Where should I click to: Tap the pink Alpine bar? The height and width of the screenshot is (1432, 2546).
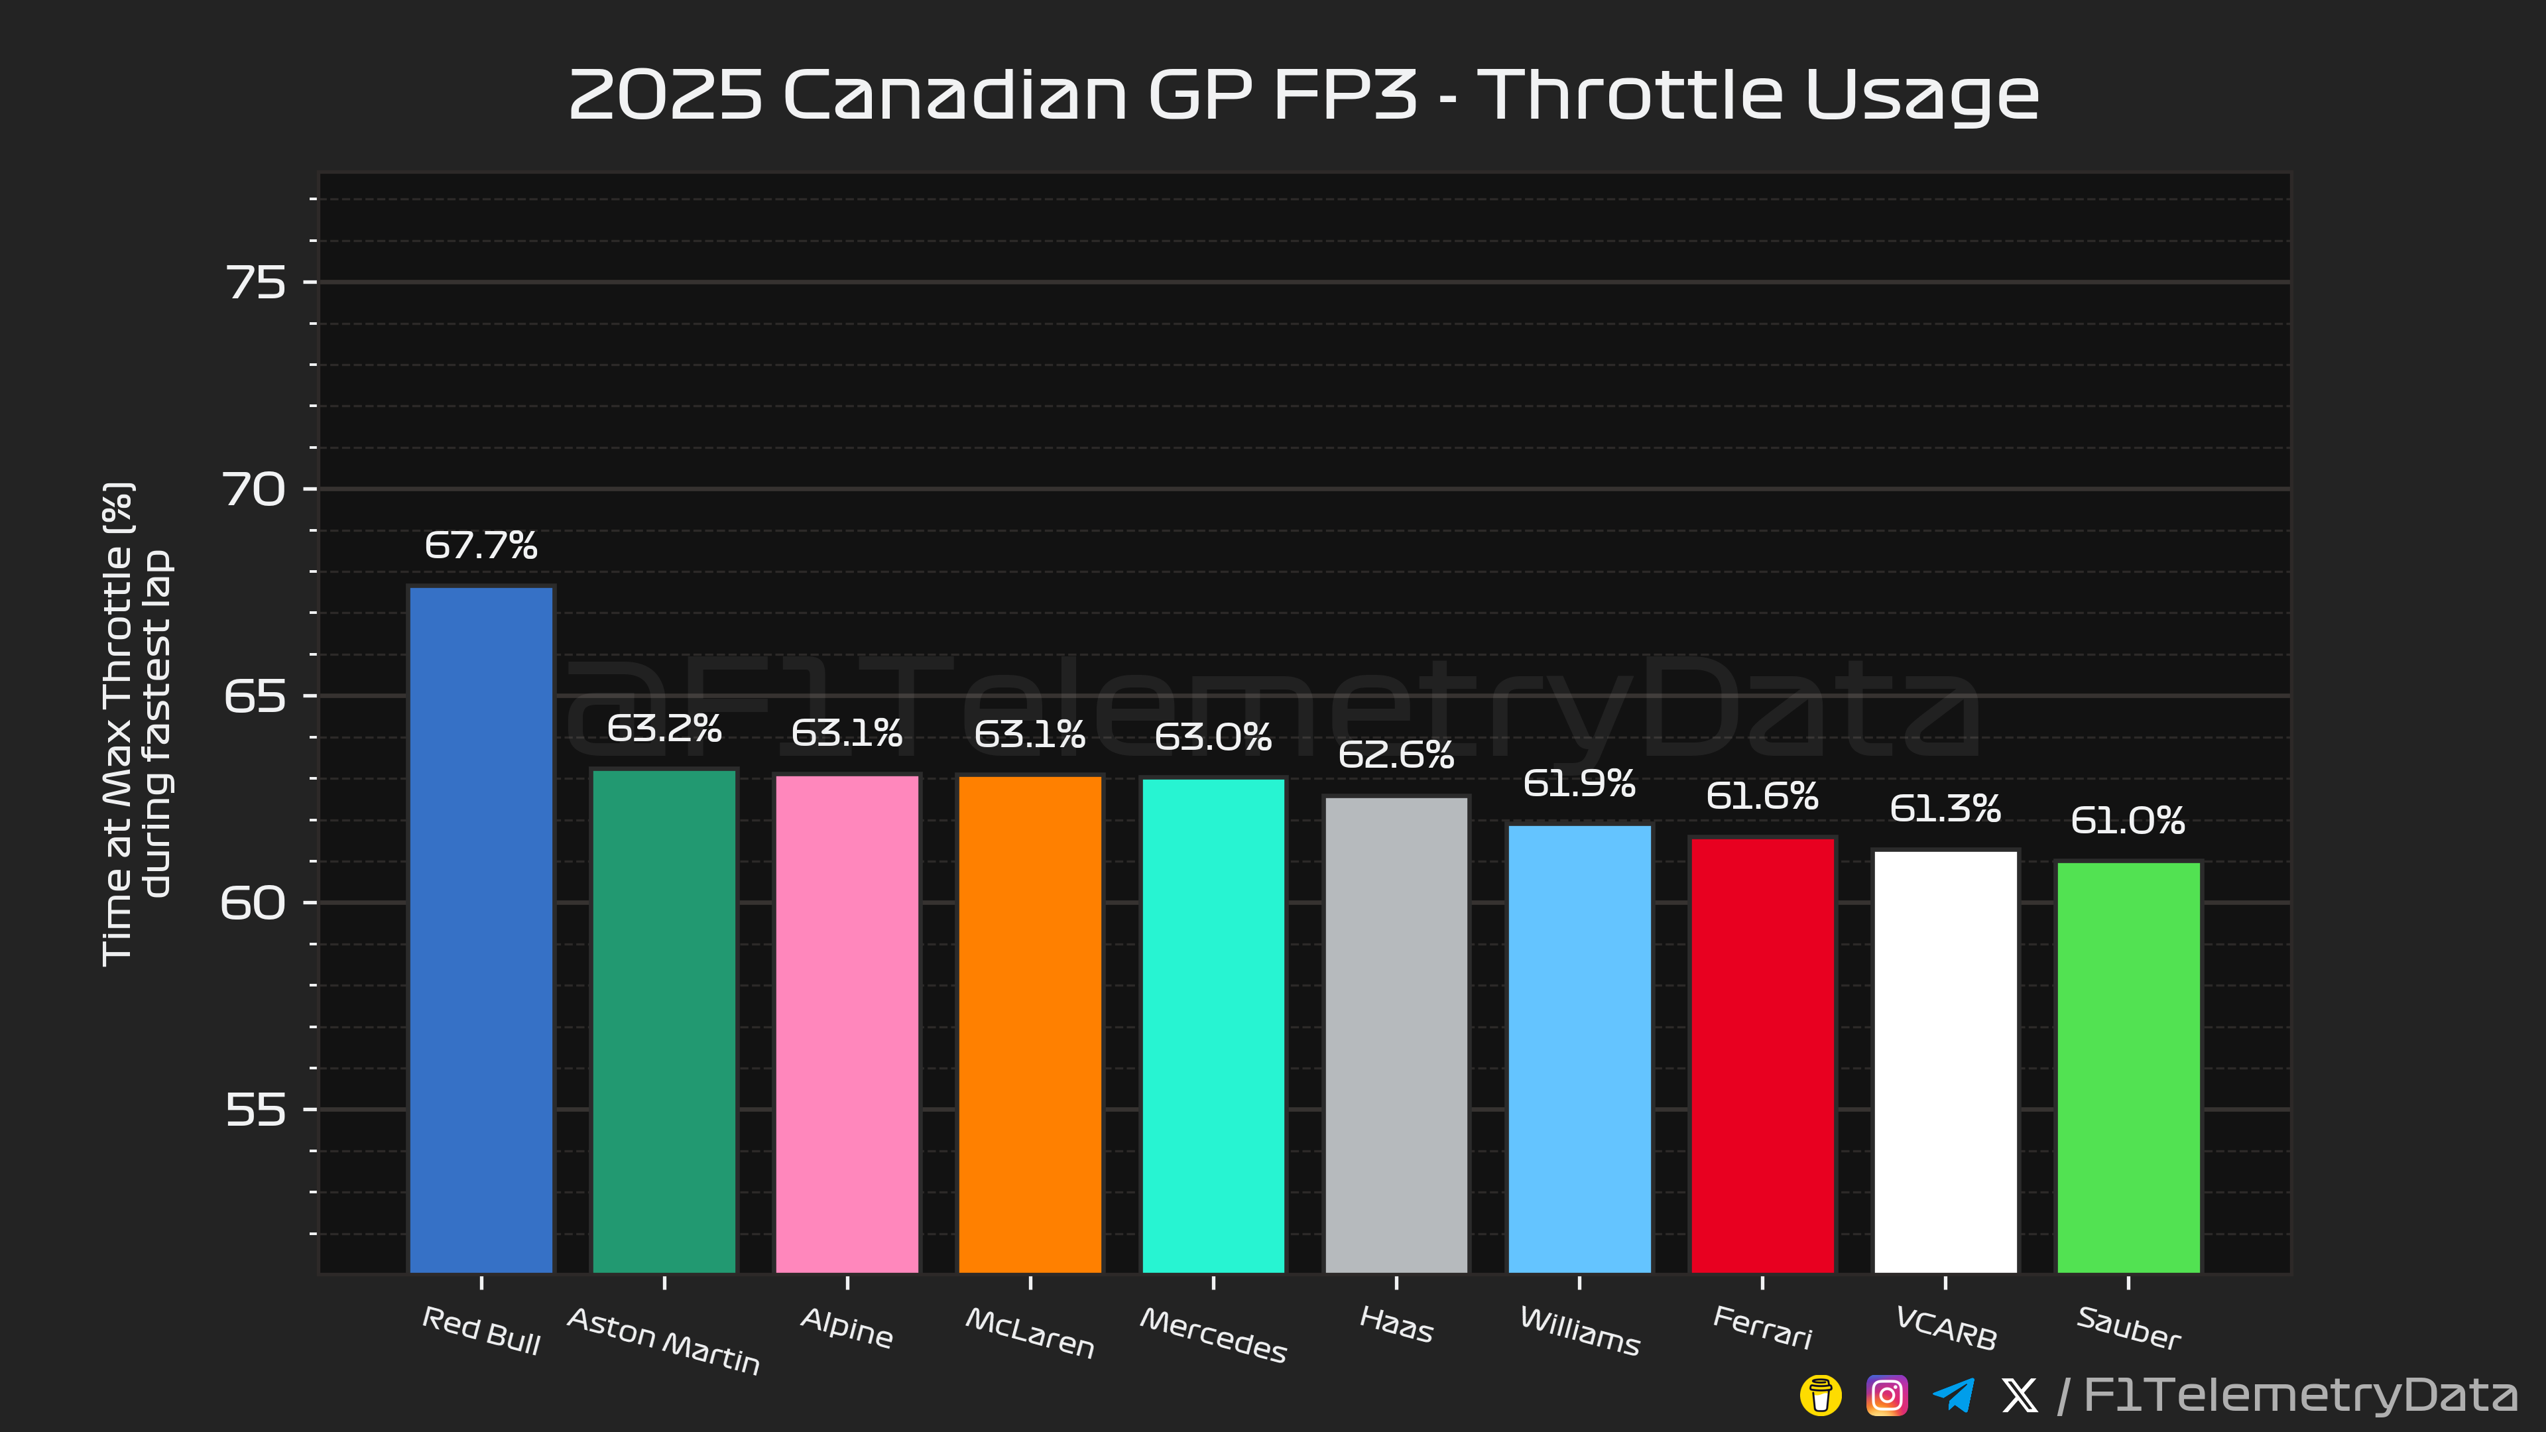click(847, 1023)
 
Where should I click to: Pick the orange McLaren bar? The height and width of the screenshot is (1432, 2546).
click(1030, 1023)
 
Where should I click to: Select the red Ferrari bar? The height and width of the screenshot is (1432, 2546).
click(1762, 1055)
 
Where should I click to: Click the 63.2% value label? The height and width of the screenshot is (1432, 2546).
click(664, 729)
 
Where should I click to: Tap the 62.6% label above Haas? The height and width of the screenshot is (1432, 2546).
click(1396, 755)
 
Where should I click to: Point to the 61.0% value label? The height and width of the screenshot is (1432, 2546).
click(2127, 820)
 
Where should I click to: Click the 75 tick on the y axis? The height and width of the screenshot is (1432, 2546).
click(256, 282)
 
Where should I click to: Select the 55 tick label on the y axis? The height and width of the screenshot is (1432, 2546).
click(256, 1110)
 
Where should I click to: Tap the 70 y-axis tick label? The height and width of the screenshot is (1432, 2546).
click(256, 489)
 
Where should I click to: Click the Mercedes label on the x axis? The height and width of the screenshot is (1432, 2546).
click(1213, 1334)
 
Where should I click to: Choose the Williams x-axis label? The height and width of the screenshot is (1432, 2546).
click(1579, 1330)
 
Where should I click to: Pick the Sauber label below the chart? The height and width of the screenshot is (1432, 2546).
click(2128, 1327)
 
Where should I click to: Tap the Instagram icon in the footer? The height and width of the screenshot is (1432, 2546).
click(1886, 1396)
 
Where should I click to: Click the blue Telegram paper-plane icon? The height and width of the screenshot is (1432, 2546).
click(1953, 1396)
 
